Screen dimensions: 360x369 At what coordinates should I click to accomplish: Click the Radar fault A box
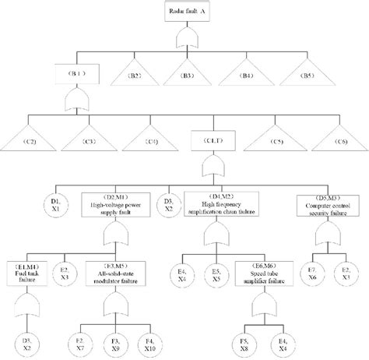[185, 11]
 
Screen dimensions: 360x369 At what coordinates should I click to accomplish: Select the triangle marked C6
[336, 141]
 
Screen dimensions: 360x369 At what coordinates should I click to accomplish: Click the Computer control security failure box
[329, 204]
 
